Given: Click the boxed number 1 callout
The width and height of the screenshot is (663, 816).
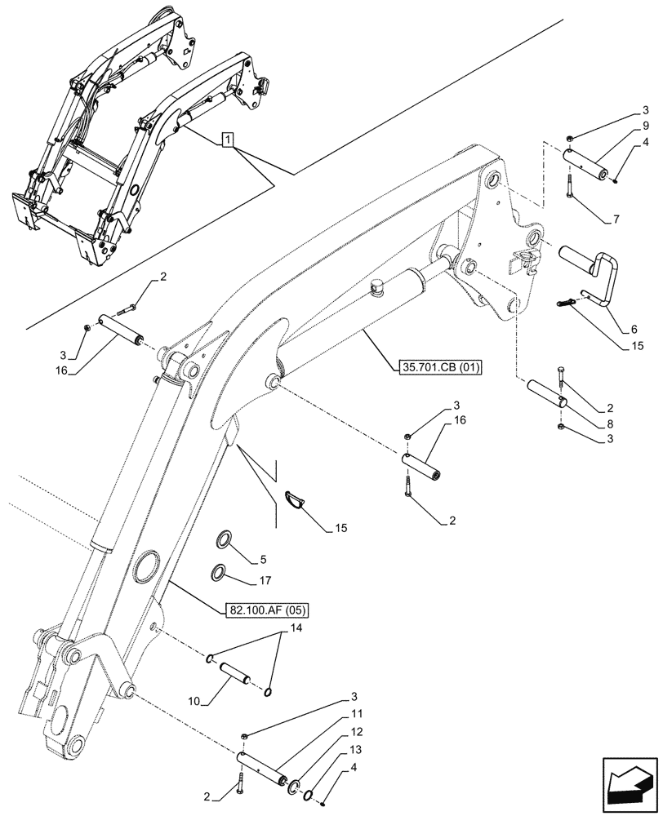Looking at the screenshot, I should [x=227, y=140].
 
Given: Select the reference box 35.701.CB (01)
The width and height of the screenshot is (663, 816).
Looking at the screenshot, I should [x=440, y=366].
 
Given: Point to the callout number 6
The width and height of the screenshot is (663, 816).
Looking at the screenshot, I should [x=633, y=330].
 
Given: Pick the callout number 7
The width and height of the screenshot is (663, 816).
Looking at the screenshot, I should [x=616, y=220].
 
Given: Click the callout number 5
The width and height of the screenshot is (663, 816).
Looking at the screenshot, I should [x=263, y=559].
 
